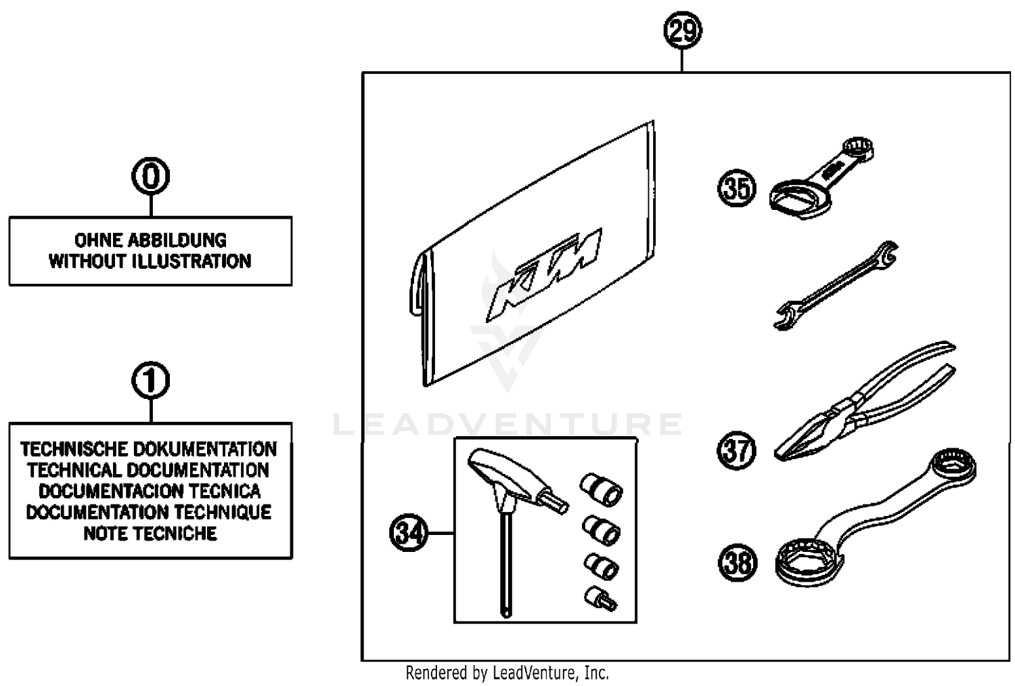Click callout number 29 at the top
pos(682,31)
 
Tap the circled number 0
pos(150,177)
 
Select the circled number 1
pos(150,381)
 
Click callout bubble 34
pos(409,533)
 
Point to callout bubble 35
pos(736,188)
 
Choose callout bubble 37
pos(736,450)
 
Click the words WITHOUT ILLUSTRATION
pos(150,261)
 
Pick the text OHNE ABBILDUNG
pos(150,240)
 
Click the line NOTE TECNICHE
pos(150,534)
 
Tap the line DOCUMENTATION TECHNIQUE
pos(150,512)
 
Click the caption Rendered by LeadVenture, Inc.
pos(507,673)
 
